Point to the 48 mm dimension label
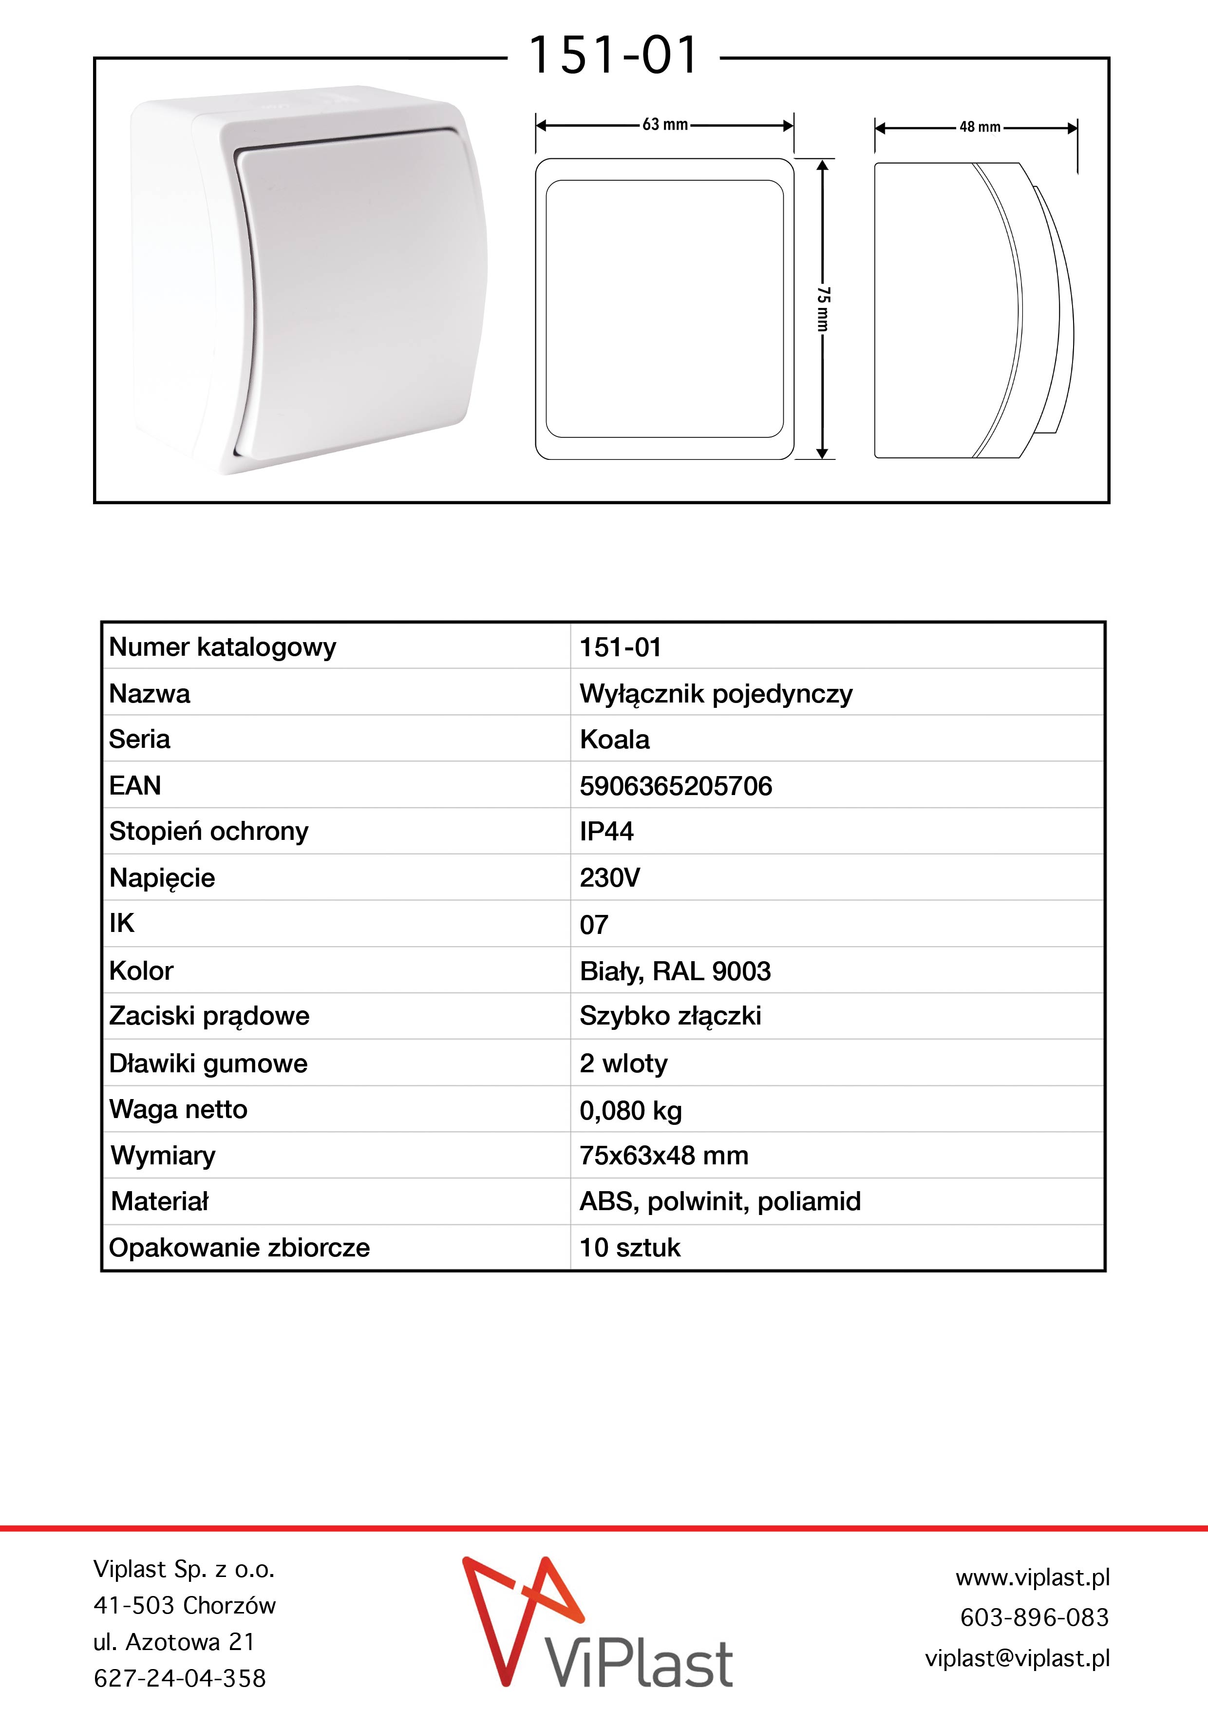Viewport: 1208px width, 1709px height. tap(980, 127)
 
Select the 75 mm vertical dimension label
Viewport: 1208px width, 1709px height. tap(822, 308)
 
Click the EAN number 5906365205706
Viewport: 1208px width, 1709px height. tap(676, 786)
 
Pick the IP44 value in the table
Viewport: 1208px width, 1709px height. tap(606, 832)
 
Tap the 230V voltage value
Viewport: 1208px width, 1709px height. tap(609, 878)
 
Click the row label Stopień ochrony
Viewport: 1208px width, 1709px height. tap(208, 832)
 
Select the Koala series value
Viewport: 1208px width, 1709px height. tap(614, 740)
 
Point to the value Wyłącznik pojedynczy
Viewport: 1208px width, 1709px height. tap(716, 694)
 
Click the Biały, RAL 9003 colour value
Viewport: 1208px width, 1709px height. tap(675, 971)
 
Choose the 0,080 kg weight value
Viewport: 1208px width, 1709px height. tap(630, 1111)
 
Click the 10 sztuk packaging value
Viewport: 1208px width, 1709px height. tap(630, 1248)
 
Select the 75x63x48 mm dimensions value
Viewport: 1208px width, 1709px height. tap(664, 1156)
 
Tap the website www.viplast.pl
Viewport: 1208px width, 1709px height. tap(1032, 1576)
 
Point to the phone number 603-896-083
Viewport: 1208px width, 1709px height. tap(1034, 1617)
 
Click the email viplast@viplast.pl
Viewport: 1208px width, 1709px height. tap(1017, 1658)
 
